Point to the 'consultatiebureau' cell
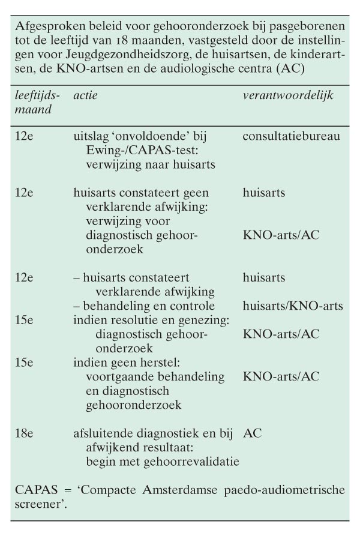point(291,136)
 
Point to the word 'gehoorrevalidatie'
point(200,460)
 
